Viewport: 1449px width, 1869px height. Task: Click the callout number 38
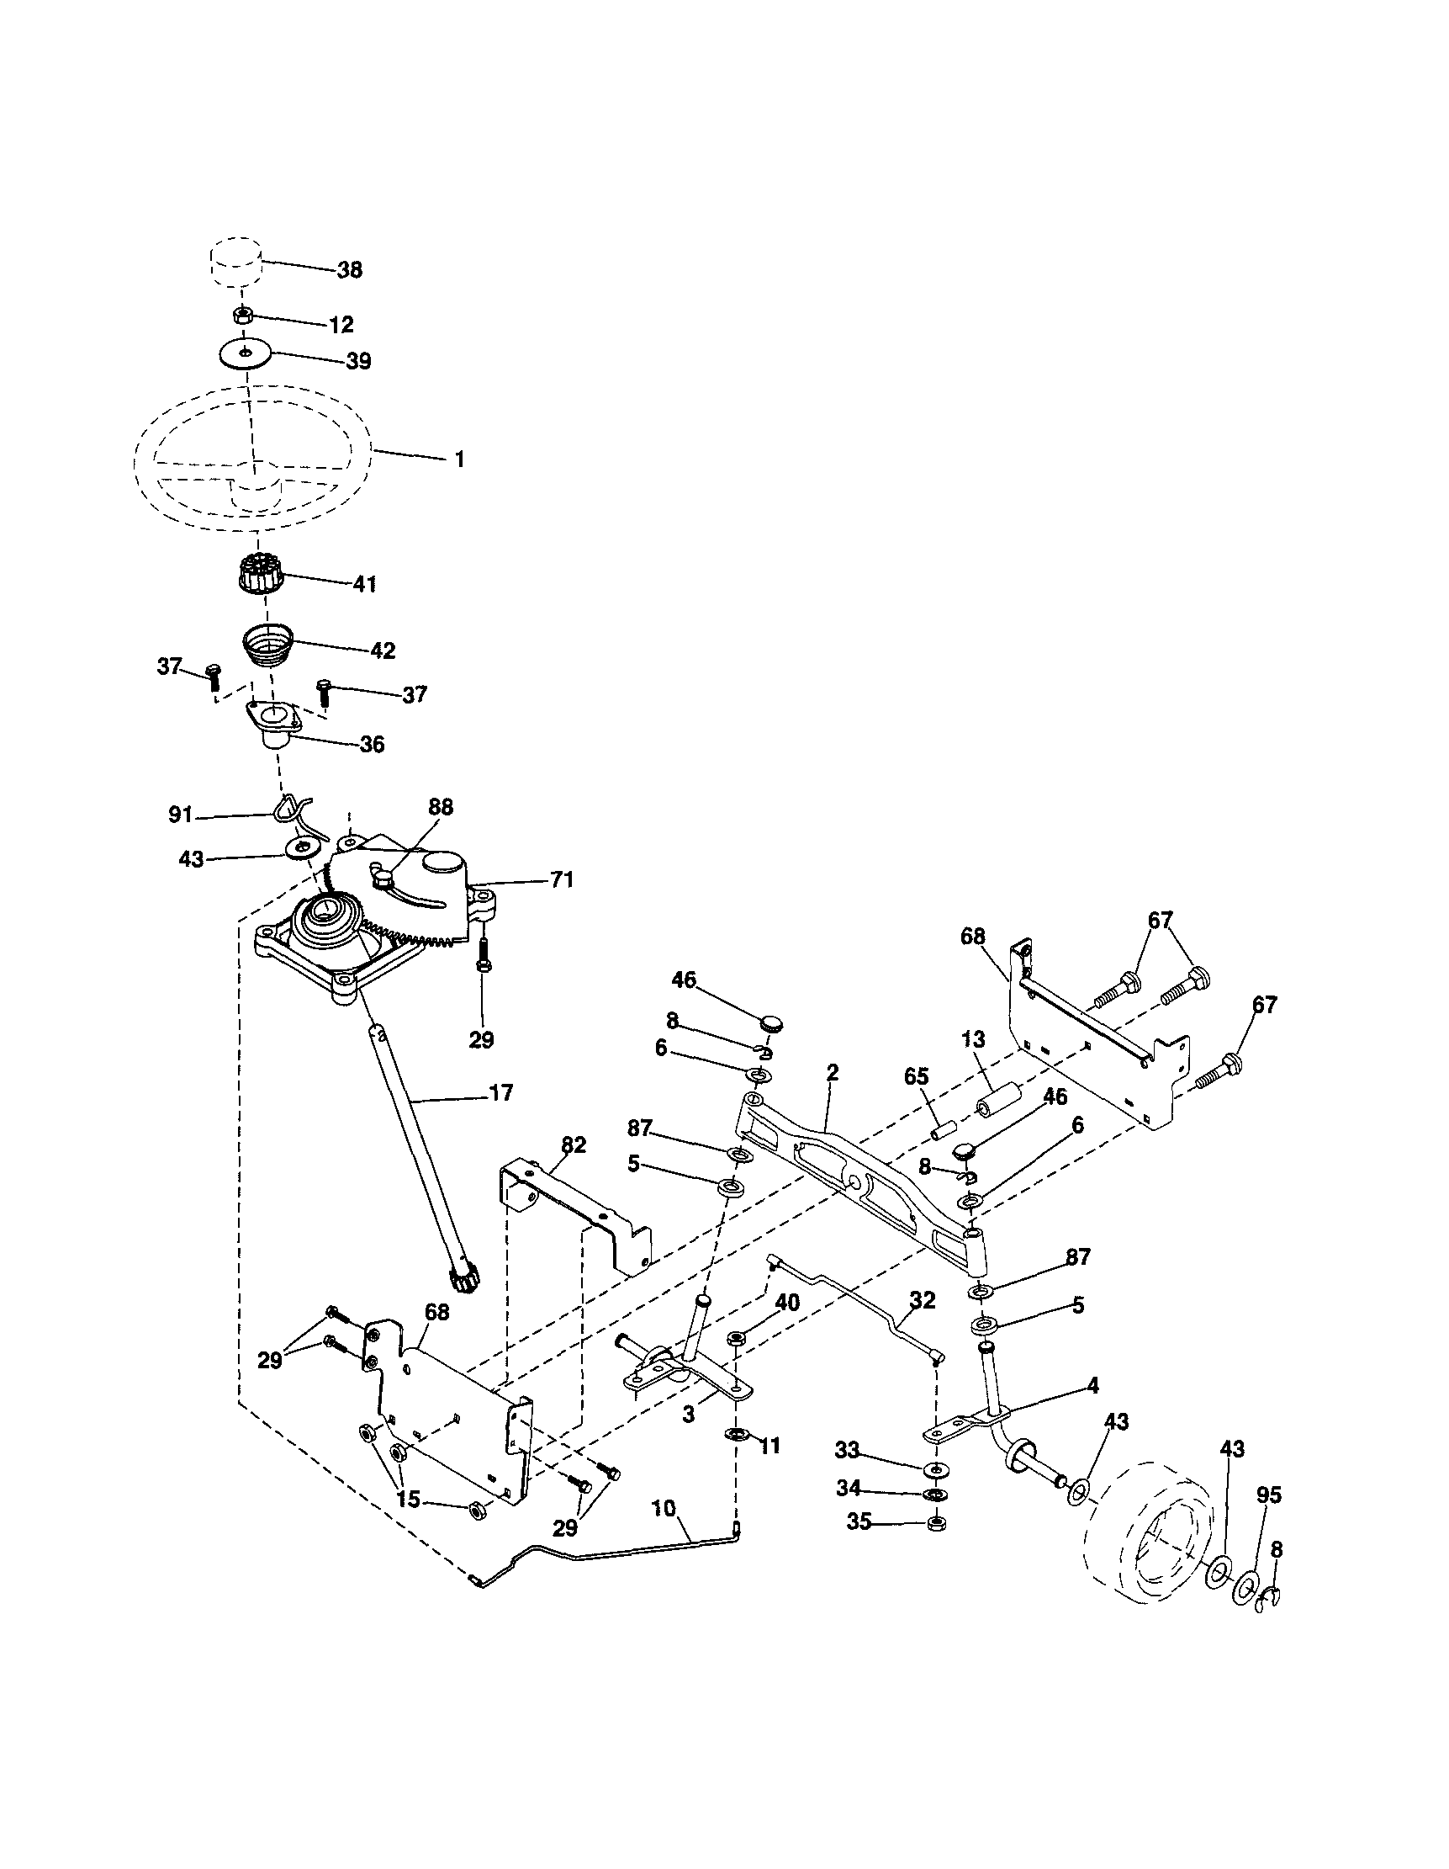tap(349, 269)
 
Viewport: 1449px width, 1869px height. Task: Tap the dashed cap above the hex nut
tap(235, 264)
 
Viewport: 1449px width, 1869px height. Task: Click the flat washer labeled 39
tap(245, 352)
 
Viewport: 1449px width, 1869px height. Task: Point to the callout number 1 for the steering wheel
tap(459, 459)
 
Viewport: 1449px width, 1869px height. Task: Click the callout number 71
tap(561, 879)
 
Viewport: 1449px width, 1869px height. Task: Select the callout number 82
tap(573, 1144)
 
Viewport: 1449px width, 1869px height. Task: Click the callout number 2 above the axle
tap(833, 1072)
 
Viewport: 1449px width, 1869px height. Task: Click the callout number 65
tap(916, 1076)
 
